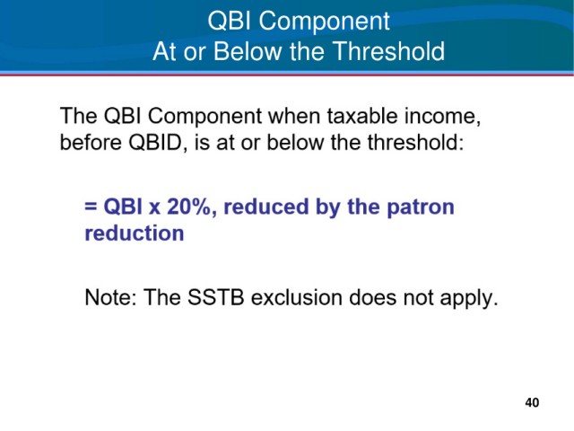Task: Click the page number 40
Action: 532,402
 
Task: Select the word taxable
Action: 362,116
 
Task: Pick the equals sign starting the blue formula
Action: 91,207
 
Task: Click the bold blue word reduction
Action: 135,233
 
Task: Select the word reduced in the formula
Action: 266,207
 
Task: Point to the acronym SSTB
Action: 215,297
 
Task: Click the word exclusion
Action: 297,297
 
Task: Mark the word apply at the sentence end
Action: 469,297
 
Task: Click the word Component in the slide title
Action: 325,22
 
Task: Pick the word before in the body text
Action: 91,142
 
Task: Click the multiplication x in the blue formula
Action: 154,208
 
